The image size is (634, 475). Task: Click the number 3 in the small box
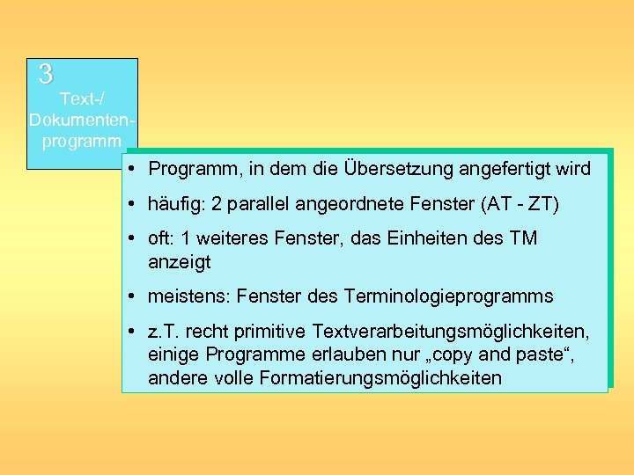pyautogui.click(x=46, y=74)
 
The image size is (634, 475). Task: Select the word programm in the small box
pyautogui.click(x=81, y=140)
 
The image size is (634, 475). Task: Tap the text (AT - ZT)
pyautogui.click(x=520, y=205)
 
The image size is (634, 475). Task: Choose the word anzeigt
pyautogui.click(x=180, y=262)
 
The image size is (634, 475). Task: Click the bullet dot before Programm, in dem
pyautogui.click(x=129, y=168)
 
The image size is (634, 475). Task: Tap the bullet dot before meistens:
pyautogui.click(x=129, y=296)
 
